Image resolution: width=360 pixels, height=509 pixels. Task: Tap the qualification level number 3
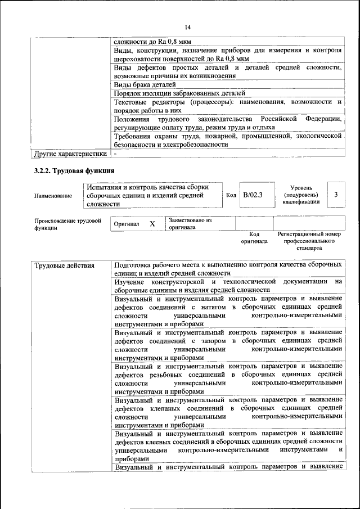pos(336,195)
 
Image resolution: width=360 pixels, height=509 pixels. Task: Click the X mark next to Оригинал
pos(152,224)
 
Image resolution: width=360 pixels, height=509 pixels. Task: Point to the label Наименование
pos(53,196)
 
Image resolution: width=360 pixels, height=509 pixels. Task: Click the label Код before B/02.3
pos(231,195)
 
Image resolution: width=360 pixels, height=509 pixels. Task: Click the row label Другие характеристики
pos(70,153)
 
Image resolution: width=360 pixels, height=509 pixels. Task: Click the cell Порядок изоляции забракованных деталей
pos(178,93)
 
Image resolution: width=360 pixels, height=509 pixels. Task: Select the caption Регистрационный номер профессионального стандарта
pos(309,240)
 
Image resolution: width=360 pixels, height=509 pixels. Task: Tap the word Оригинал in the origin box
pos(126,224)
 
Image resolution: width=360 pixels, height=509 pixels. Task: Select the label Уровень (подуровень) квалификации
pos(305,195)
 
